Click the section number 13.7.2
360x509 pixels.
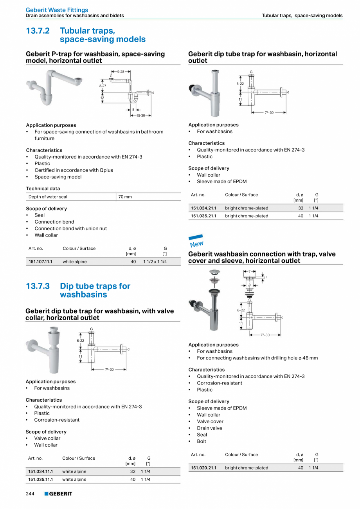click(x=38, y=31)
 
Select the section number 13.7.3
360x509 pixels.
click(x=38, y=286)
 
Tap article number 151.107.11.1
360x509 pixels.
click(x=40, y=262)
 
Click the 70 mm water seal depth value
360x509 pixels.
click(x=125, y=197)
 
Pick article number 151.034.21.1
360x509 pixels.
click(x=203, y=208)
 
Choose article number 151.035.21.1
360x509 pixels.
click(x=203, y=216)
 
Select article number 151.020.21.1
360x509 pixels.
click(x=203, y=468)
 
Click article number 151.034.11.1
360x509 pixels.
click(x=40, y=471)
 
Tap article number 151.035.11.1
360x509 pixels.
click(x=40, y=479)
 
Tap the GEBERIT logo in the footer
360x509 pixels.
click(x=58, y=494)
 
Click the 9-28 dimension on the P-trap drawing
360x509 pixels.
click(x=121, y=72)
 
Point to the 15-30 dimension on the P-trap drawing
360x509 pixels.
click(x=140, y=116)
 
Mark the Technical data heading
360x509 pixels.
click(x=43, y=189)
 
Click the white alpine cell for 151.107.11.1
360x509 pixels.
click(x=75, y=262)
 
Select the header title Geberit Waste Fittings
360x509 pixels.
click(x=57, y=10)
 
